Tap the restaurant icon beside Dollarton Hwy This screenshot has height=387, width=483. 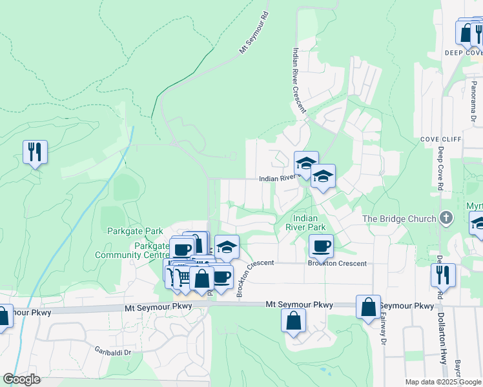click(443, 275)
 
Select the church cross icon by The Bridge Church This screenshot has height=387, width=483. click(446, 219)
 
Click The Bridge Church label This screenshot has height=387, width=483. click(400, 219)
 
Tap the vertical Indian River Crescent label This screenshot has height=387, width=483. click(299, 81)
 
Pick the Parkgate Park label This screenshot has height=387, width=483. click(135, 231)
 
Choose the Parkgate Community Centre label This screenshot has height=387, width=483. click(132, 250)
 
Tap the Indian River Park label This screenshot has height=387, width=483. click(305, 223)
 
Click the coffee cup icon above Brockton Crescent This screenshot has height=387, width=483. click(321, 245)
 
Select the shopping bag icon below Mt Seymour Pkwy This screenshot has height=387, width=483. click(294, 321)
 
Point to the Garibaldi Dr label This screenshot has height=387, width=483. click(111, 352)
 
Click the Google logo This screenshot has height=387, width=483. click(21, 379)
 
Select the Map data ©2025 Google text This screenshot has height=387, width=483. click(442, 382)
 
